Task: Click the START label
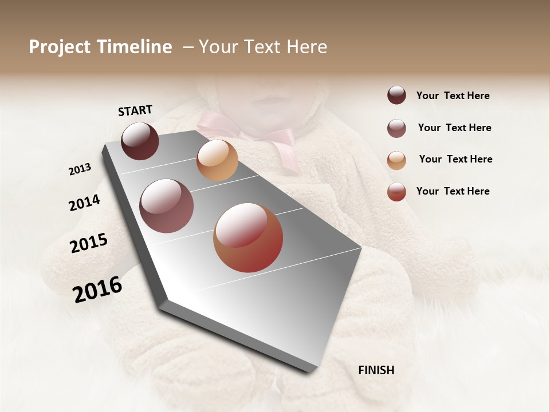[x=135, y=110]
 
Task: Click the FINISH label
[x=376, y=370]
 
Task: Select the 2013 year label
[x=80, y=169]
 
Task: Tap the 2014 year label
[x=84, y=203]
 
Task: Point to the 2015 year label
[x=89, y=244]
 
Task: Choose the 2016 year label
[x=97, y=290]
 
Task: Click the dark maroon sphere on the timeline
[x=140, y=141]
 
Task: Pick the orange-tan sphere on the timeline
[x=217, y=160]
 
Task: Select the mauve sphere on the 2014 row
[x=167, y=206]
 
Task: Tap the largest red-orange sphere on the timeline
[x=248, y=237]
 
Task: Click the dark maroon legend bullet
[x=396, y=95]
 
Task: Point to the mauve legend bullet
[x=396, y=128]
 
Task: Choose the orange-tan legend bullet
[x=396, y=160]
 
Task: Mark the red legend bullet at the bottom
[x=396, y=192]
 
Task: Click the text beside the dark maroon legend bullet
[x=453, y=96]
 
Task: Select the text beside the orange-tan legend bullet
[x=455, y=159]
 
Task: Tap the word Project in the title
[x=60, y=47]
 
